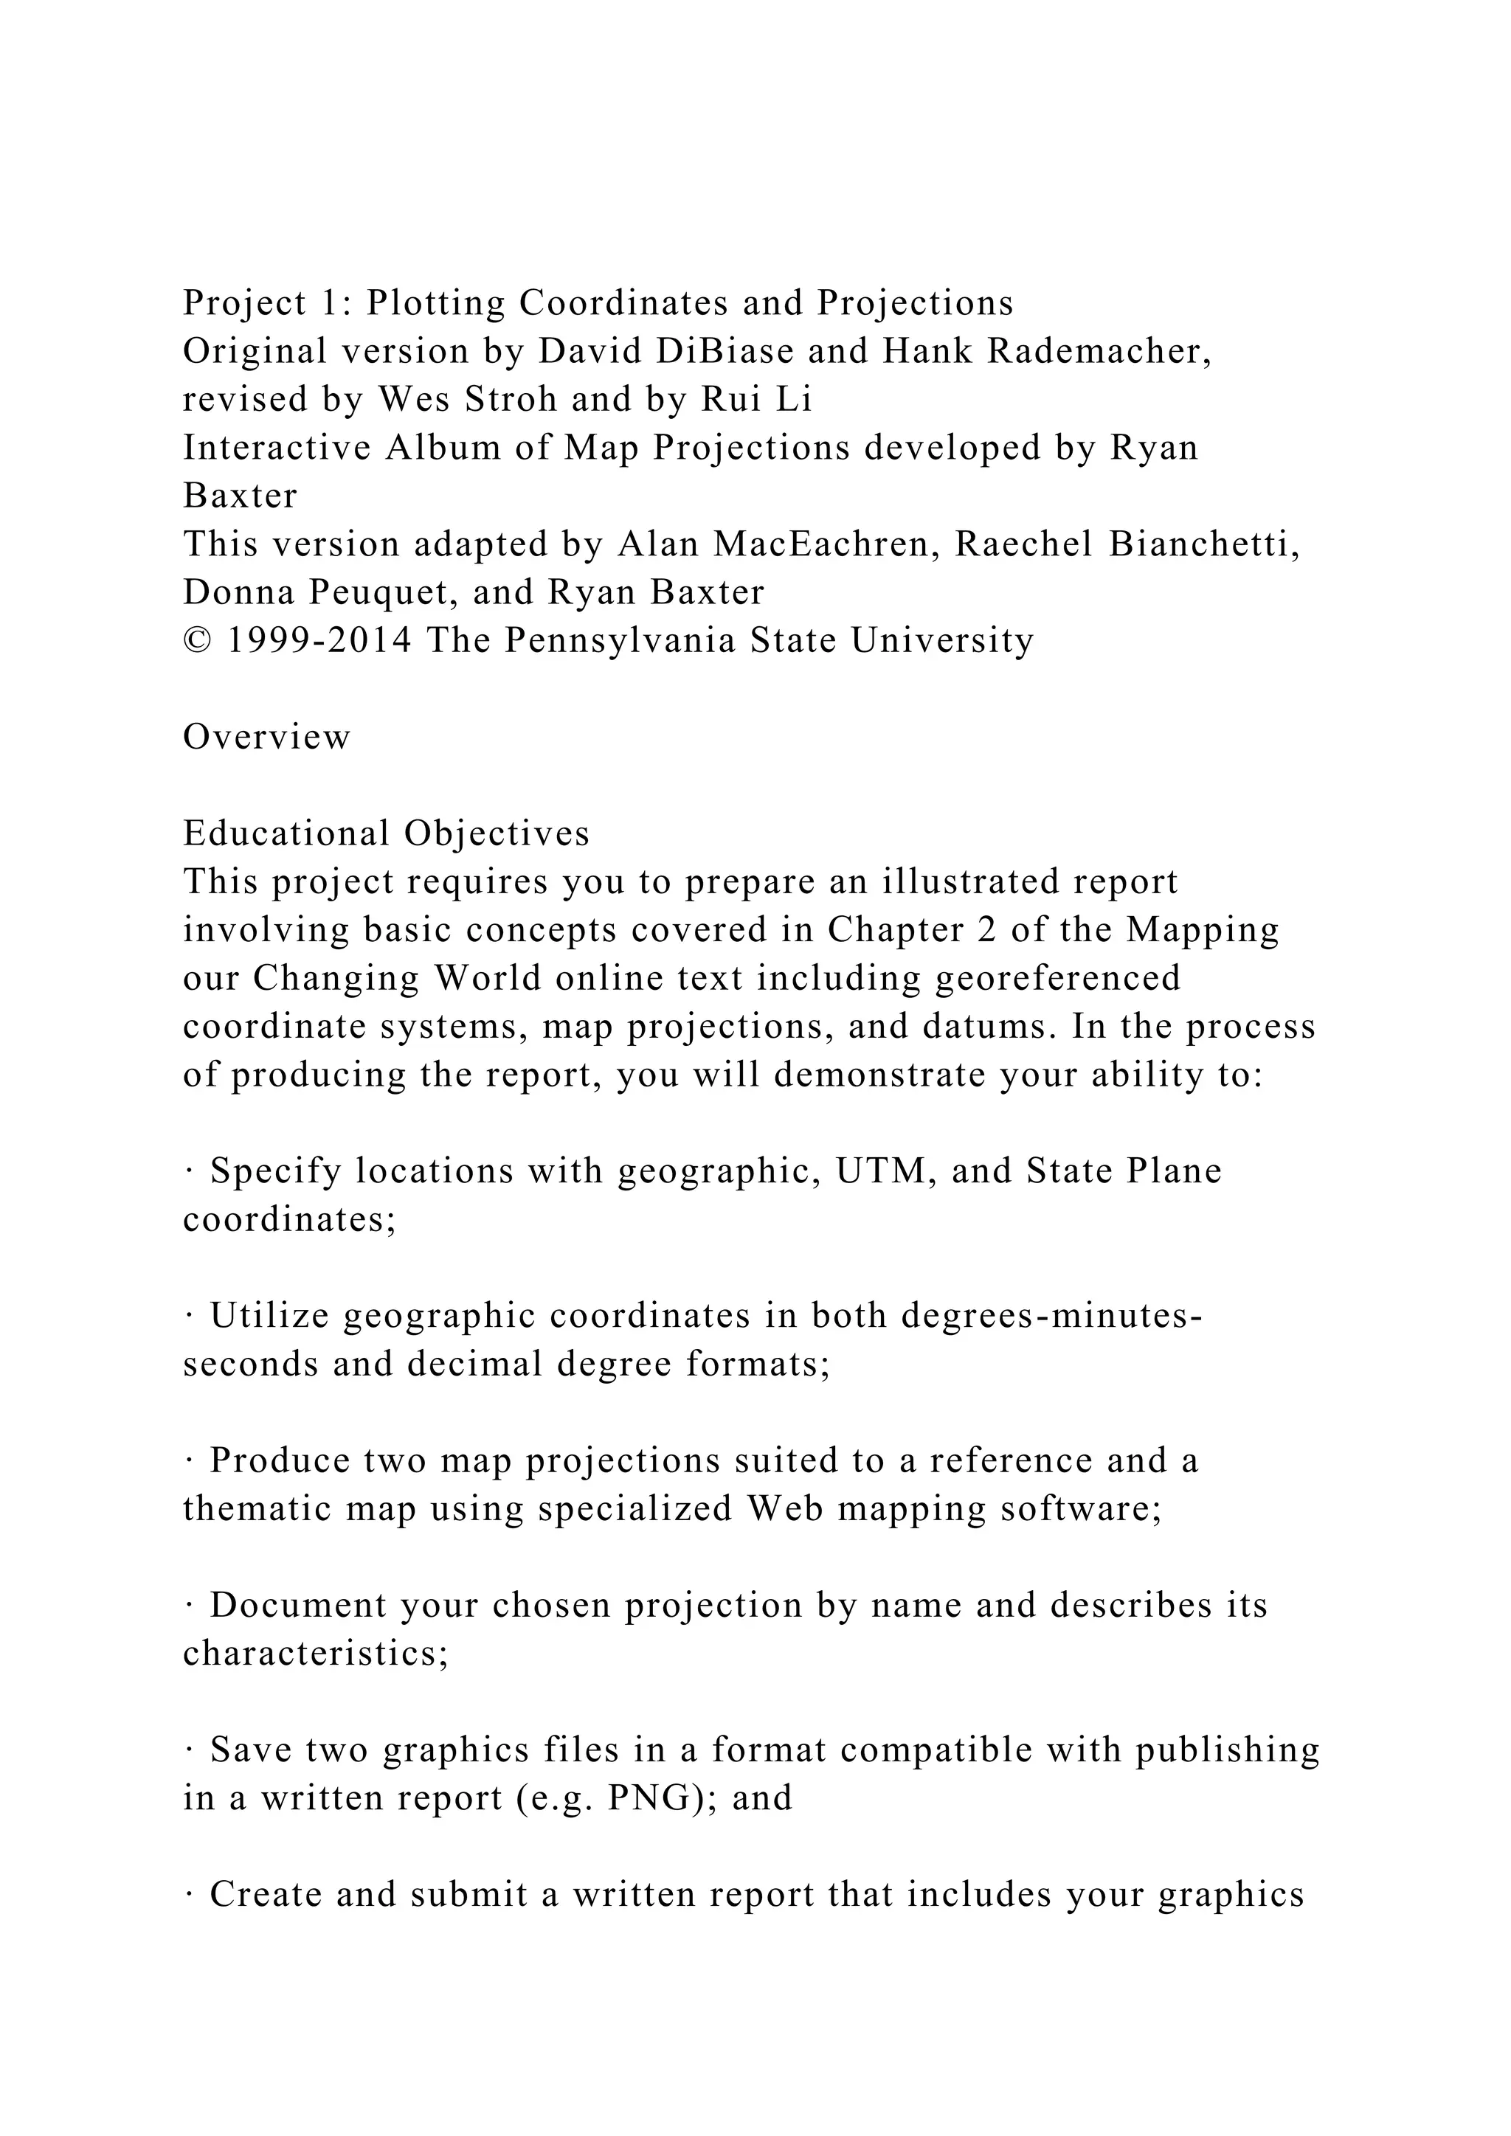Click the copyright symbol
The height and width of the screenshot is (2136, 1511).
[x=196, y=641]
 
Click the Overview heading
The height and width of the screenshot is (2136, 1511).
[x=267, y=738]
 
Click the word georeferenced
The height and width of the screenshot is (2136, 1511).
[x=1058, y=979]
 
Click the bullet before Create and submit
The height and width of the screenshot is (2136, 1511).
[x=189, y=1895]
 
